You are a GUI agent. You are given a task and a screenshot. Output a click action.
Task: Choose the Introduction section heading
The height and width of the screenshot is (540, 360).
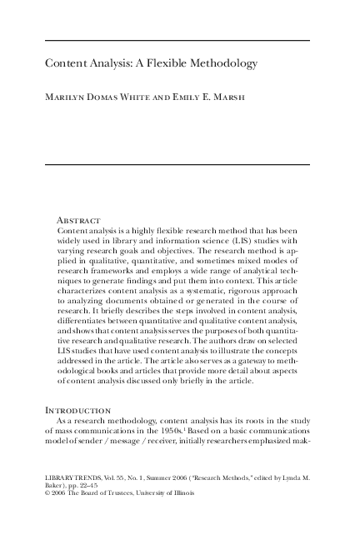coord(78,411)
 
